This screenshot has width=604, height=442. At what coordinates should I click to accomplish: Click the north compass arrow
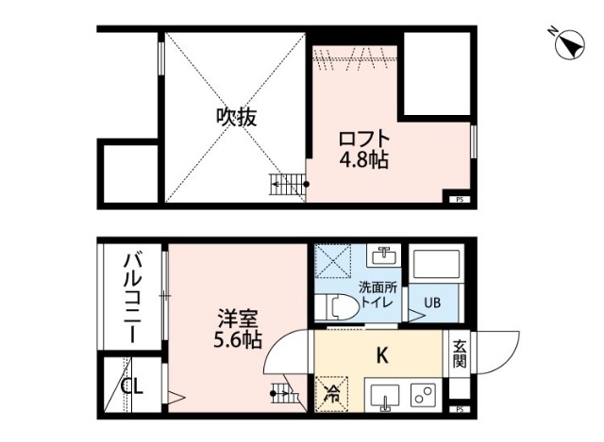(x=569, y=43)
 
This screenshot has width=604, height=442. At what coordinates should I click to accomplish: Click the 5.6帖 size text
(x=236, y=340)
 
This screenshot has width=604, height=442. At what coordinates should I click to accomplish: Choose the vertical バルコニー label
(x=132, y=297)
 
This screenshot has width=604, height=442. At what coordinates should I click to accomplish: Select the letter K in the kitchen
(x=382, y=355)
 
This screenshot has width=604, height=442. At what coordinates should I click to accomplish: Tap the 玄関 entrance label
(x=459, y=352)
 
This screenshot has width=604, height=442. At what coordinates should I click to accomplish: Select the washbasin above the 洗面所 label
(x=383, y=256)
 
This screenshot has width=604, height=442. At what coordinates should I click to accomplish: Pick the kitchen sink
(x=384, y=396)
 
